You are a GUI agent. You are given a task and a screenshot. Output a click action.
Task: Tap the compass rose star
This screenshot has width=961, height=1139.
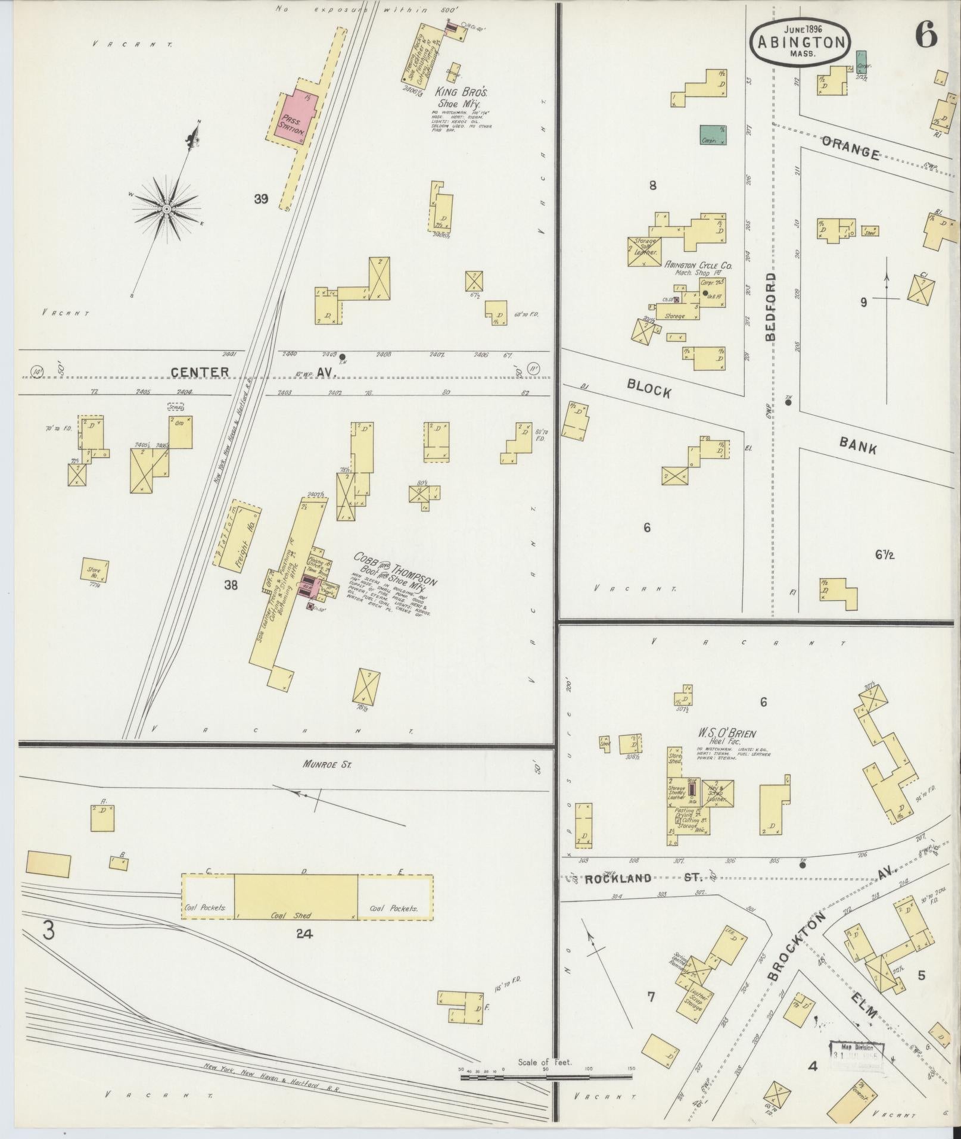click(167, 209)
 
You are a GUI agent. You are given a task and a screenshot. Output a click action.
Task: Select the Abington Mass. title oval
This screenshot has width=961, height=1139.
click(800, 41)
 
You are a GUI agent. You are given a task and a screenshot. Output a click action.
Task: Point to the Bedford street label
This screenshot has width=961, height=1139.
click(771, 307)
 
